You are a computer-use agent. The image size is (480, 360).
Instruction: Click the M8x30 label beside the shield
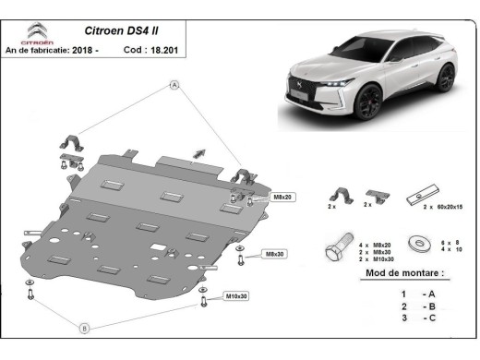(274, 253)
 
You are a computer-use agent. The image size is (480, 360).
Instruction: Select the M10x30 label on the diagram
(239, 296)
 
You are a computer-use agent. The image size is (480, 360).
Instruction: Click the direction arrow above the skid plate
(197, 151)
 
